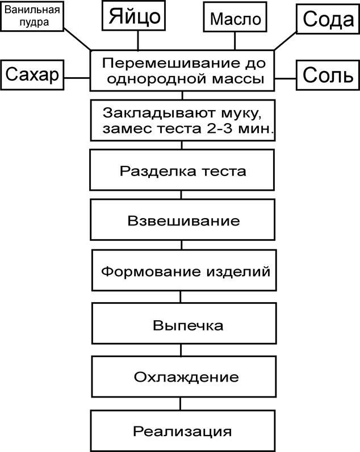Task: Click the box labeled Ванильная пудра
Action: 32,16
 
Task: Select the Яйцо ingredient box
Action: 134,15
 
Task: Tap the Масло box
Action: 235,17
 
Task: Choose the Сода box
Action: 328,19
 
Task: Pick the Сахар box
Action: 32,75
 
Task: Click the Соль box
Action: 328,75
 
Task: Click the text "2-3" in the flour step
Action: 219,128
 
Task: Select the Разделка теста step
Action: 182,170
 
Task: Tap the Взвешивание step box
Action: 183,220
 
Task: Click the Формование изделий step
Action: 184,270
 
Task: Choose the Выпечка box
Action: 184,323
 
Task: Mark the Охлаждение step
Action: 184,376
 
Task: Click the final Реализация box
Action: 183,431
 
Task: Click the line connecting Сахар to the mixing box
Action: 77,78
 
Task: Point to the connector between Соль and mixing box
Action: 286,78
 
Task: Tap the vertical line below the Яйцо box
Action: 138,40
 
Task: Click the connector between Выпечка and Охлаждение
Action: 181,350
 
